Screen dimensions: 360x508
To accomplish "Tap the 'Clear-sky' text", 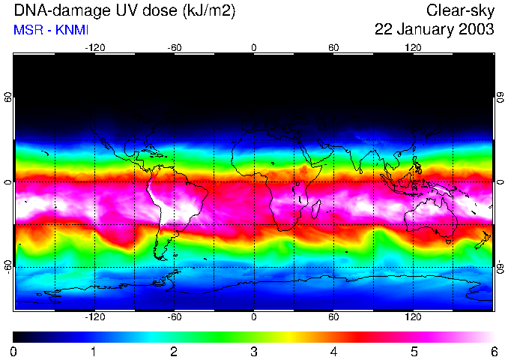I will pos(460,11).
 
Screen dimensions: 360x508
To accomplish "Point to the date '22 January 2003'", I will pos(435,30).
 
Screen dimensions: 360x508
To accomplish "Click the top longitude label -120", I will pos(94,47).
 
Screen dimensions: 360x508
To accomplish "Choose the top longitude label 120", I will pos(413,47).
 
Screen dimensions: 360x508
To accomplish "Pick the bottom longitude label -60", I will pos(175,316).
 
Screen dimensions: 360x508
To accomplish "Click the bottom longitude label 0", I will pos(254,316).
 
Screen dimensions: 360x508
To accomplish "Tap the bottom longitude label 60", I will pos(333,316).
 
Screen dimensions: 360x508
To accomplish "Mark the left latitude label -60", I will pos(7,267).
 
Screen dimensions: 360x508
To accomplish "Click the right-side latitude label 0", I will pos(501,182).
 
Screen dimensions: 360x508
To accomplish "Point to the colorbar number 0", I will pos(14,351).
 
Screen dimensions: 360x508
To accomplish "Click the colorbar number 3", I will pos(253,351).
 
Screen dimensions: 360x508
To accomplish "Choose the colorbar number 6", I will pos(493,351).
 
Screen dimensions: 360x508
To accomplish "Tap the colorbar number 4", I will pos(333,351).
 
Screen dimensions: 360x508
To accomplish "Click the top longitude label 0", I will pos(254,47).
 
